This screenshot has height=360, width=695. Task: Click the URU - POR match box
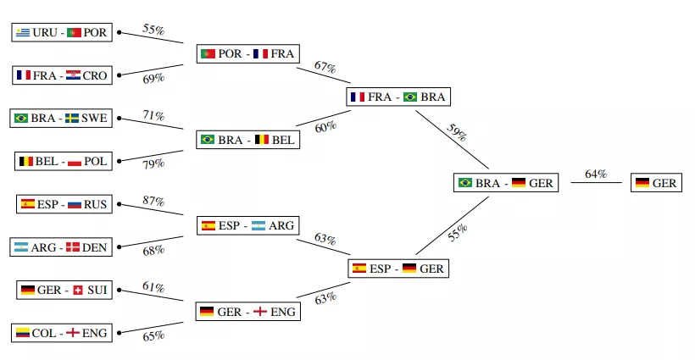pos(62,32)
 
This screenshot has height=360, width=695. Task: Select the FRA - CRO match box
pos(62,75)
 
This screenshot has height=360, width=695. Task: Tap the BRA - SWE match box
pos(62,118)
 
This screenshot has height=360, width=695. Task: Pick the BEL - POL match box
pos(62,161)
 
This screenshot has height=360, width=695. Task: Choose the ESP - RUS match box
pos(62,204)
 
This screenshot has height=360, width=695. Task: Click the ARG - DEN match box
pos(62,247)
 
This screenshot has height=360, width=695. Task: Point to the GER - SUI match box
pos(62,290)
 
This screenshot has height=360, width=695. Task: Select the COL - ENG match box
pos(62,333)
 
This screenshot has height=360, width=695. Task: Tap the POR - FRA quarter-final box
pos(247,53)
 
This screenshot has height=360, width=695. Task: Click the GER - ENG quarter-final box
pos(247,312)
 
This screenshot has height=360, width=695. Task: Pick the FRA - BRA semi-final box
pos(398,97)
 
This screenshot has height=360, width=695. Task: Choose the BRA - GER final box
pos(507,182)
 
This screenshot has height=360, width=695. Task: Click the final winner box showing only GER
pos(657,182)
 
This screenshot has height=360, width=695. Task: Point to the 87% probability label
pos(153,202)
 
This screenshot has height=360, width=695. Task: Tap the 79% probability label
pos(153,163)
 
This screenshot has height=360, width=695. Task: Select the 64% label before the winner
pos(596,174)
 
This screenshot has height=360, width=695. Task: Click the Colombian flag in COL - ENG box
pos(23,333)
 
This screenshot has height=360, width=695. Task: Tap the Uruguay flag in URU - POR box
pos(23,32)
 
